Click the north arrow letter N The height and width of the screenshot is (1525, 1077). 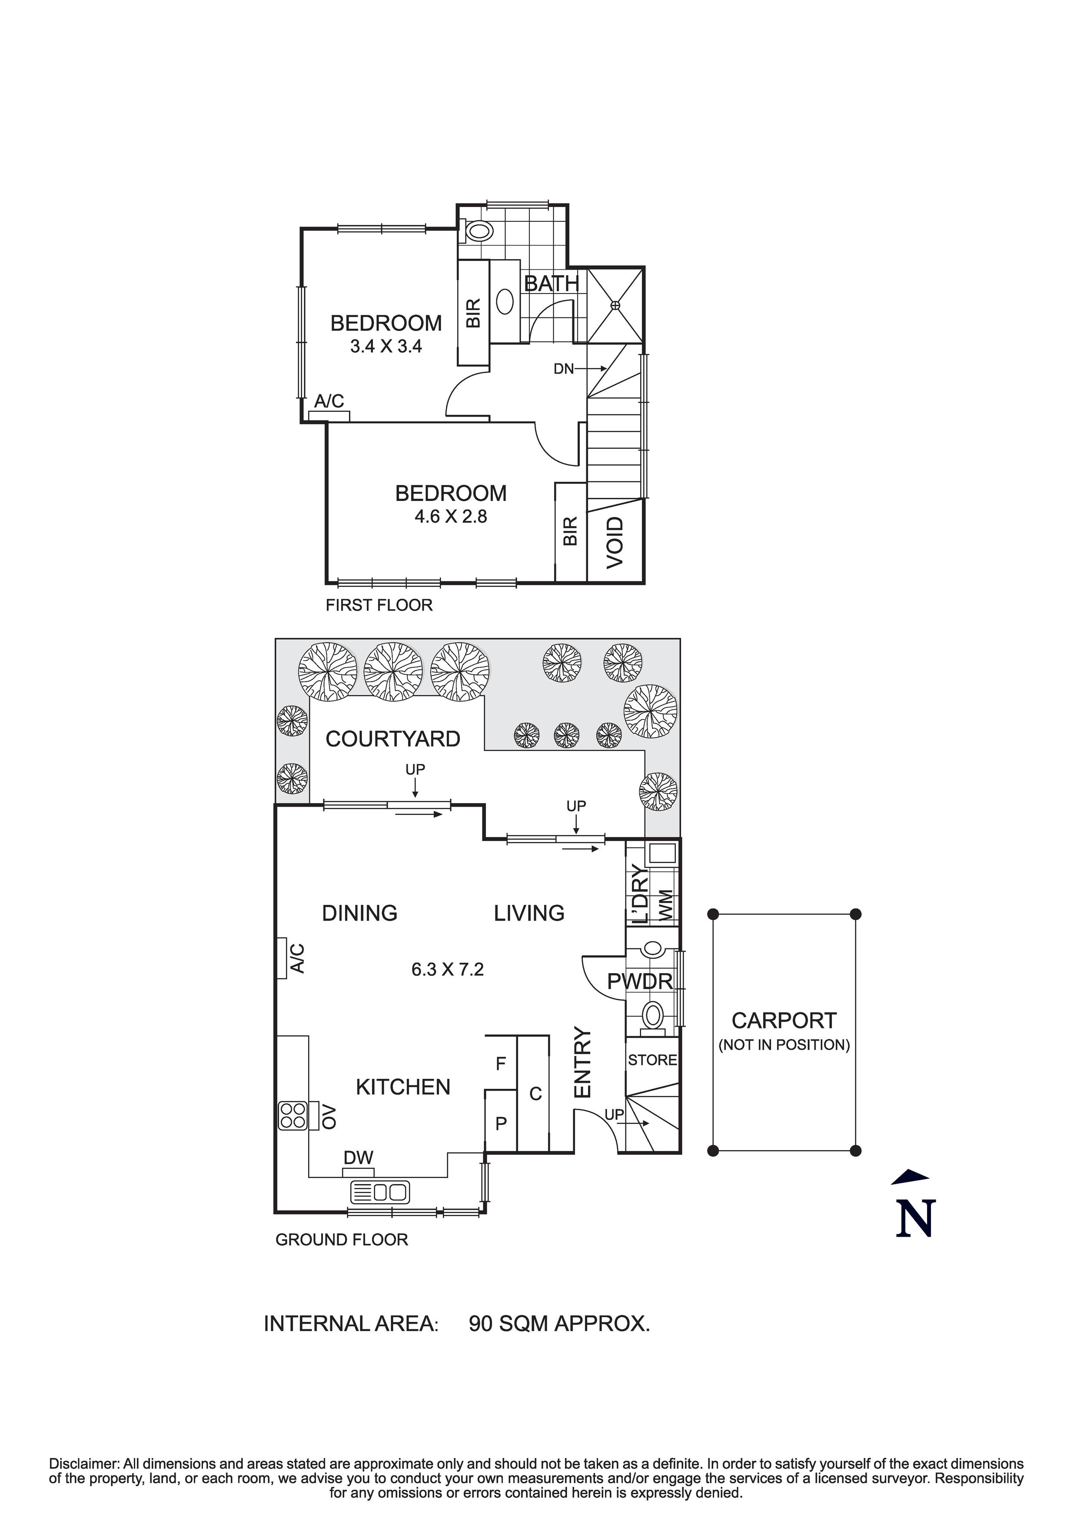(x=915, y=1218)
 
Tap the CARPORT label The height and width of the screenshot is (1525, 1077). (x=784, y=1020)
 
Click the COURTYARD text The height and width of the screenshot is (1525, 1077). (x=392, y=739)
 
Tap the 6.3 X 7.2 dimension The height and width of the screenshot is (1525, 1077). (x=447, y=969)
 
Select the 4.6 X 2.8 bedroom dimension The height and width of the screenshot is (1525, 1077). (x=450, y=516)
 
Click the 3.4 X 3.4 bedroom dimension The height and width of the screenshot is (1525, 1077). (x=386, y=346)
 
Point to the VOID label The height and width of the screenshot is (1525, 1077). (x=615, y=542)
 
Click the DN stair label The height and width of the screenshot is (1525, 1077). (x=563, y=369)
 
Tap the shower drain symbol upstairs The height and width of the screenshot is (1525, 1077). (x=615, y=306)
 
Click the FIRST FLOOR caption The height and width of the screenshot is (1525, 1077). (x=379, y=605)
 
